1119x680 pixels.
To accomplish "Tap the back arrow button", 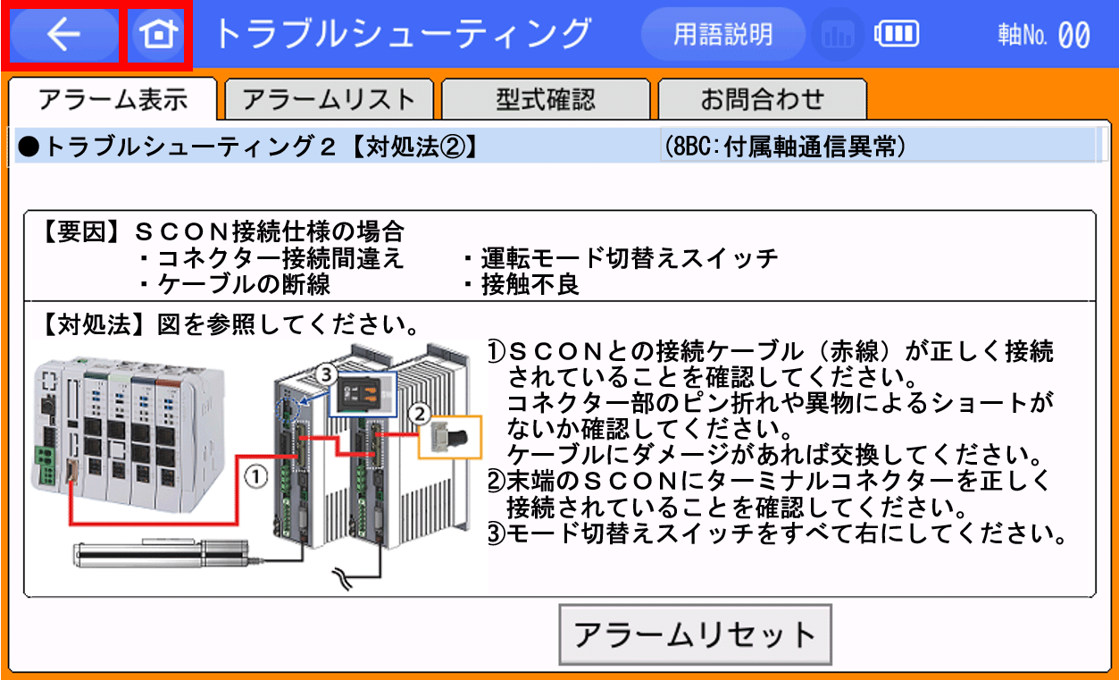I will (63, 35).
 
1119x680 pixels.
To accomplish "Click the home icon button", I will (157, 35).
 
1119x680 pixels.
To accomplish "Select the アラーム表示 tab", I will (113, 100).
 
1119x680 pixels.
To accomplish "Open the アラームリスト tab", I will (329, 100).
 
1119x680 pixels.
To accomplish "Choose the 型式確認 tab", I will (545, 100).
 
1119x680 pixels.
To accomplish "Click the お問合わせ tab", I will (761, 100).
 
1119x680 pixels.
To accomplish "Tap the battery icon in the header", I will (896, 35).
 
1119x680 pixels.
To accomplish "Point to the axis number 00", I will (1073, 36).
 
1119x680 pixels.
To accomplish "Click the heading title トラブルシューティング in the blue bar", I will (402, 35).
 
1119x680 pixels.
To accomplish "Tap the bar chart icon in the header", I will (838, 36).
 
